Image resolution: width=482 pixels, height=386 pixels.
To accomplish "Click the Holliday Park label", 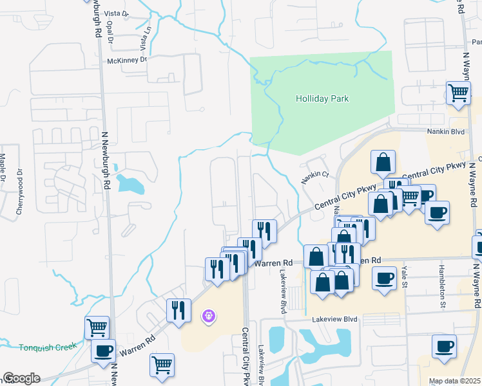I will point(322,98).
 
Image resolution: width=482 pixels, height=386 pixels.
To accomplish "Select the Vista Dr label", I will point(117,13).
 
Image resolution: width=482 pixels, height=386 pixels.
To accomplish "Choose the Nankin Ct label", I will point(316,174).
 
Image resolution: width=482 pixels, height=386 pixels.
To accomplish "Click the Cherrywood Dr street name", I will point(19,192).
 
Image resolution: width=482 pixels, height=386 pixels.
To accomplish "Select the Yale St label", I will point(405,276).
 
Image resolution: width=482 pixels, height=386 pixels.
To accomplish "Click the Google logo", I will point(21,378).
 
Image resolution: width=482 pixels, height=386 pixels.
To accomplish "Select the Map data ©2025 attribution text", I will point(454,381).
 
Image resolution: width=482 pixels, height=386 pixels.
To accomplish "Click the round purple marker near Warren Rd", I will point(208,316).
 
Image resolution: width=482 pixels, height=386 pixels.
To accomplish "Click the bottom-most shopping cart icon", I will point(162,365).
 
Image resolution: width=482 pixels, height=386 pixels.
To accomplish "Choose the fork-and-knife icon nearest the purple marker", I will point(178,309).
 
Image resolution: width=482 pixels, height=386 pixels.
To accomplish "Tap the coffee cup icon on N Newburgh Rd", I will point(103,351).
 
